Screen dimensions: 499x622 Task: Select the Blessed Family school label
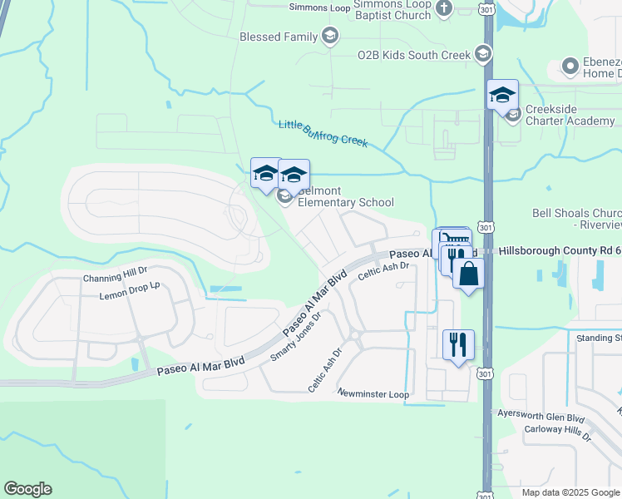tap(279, 37)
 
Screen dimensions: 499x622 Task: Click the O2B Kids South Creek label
tap(414, 55)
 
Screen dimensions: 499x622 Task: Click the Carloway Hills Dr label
tap(557, 435)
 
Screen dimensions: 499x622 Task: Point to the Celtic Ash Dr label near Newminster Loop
tap(324, 371)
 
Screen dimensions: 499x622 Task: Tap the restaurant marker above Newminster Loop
tap(458, 343)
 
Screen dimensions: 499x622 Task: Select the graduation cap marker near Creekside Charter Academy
tap(503, 95)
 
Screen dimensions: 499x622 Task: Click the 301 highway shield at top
tap(487, 8)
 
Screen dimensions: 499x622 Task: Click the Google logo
tap(27, 489)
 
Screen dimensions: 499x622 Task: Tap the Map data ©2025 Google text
tap(570, 492)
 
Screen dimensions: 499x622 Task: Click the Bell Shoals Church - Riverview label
tap(576, 219)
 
